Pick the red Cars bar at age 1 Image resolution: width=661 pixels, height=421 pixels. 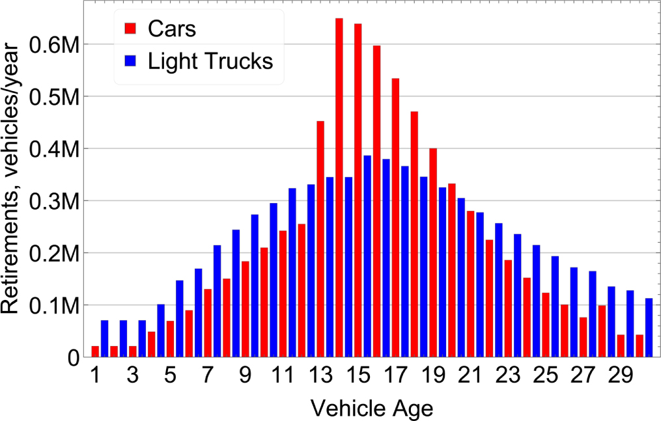coord(95,351)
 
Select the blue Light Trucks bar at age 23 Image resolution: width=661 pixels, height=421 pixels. coord(518,295)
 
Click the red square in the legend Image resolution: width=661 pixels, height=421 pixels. coord(130,28)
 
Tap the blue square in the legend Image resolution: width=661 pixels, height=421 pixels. coord(130,61)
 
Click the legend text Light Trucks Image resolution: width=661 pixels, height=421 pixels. coord(210,61)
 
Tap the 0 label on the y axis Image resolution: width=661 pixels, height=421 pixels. coord(72,357)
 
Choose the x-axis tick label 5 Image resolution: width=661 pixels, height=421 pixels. coord(170,377)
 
